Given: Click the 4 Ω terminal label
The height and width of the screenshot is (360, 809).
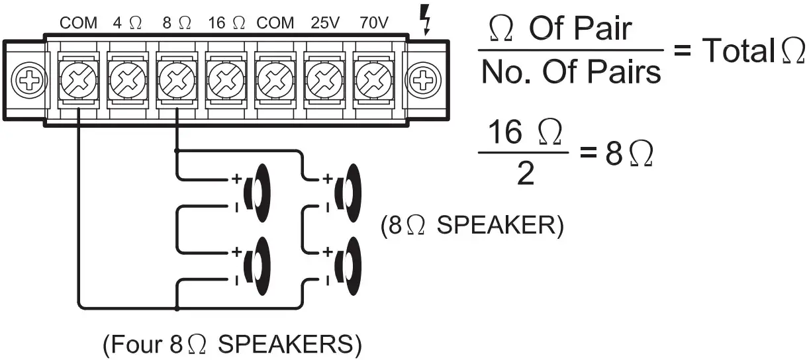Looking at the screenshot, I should (x=127, y=23).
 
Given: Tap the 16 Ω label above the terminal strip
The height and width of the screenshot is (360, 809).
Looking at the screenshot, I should (x=226, y=23).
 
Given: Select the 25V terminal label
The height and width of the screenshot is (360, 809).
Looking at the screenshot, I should (x=324, y=23).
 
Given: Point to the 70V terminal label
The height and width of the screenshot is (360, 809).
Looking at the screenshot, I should (x=373, y=23).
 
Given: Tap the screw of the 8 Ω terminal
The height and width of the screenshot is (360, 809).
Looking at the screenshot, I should (x=177, y=81).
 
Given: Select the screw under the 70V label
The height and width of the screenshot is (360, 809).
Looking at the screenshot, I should (x=373, y=81).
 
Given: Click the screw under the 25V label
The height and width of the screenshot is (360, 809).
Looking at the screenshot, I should (x=324, y=81).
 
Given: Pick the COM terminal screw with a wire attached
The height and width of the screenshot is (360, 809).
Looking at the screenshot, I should (x=79, y=81).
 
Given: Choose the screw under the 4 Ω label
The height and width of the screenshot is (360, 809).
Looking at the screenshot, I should (x=128, y=81).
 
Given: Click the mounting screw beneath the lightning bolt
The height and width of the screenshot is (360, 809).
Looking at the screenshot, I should (x=422, y=81).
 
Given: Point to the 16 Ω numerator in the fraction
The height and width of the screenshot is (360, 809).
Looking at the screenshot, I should (x=524, y=134).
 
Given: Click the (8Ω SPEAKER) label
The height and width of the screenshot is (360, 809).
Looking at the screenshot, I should (x=472, y=226).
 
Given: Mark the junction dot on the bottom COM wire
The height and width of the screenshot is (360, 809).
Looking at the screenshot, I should (x=177, y=308).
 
